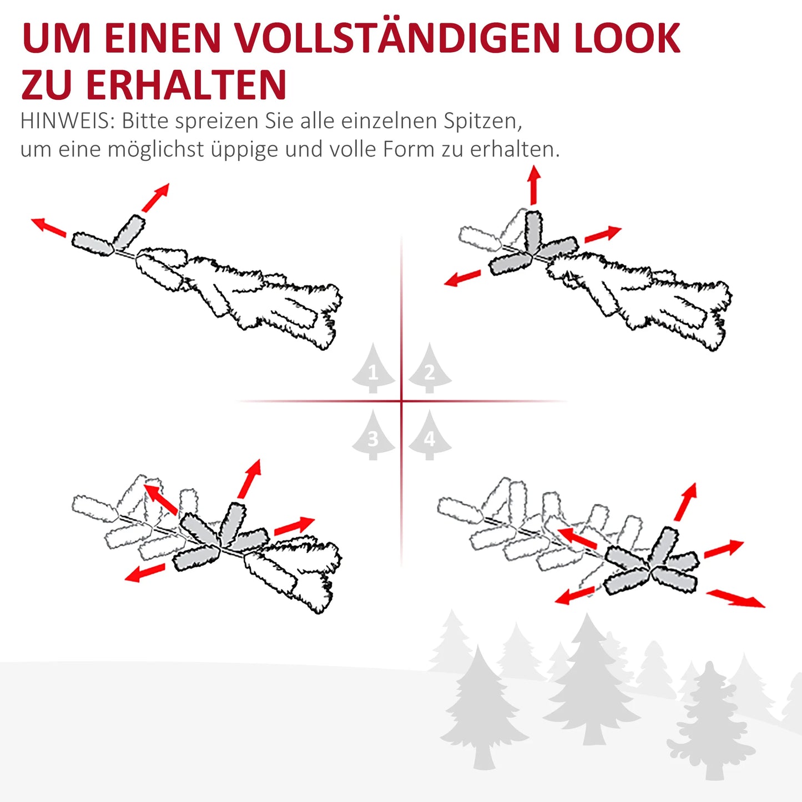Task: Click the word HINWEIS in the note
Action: point(67,121)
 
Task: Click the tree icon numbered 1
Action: point(373,370)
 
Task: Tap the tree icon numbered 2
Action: point(430,370)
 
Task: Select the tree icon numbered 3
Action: point(373,437)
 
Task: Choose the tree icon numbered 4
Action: point(430,437)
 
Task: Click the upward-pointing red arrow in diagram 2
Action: point(534,185)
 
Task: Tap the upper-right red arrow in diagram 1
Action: point(155,198)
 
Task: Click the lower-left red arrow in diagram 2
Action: point(462,278)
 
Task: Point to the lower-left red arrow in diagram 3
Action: point(144,573)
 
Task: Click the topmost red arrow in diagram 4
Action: point(686,502)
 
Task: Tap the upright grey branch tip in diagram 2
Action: point(533,230)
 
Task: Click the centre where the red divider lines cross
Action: point(401,401)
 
